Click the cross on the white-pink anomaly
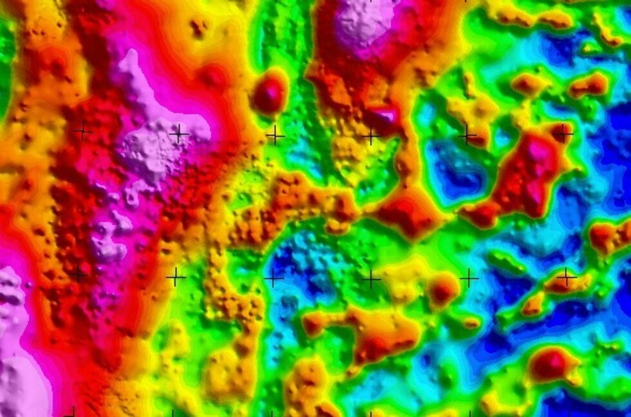click(178, 134)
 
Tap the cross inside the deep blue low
click(274, 278)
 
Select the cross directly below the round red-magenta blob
click(275, 135)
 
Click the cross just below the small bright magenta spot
click(370, 136)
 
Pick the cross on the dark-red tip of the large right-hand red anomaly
click(563, 133)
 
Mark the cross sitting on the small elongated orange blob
click(566, 277)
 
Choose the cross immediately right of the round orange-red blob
click(469, 278)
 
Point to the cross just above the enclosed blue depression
click(467, 135)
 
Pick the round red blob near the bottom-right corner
click(549, 365)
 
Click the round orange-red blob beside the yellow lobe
click(443, 289)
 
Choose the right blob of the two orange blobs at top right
click(590, 84)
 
